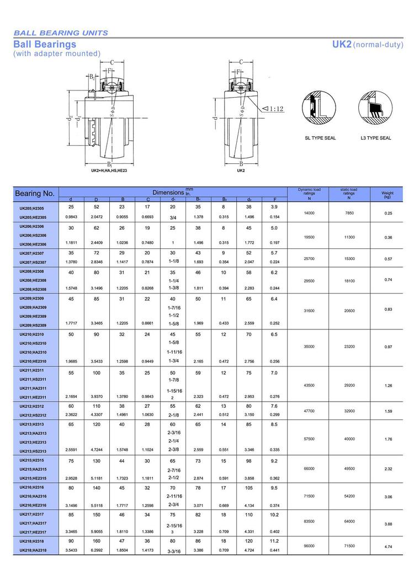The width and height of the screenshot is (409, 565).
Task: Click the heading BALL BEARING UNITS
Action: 61,33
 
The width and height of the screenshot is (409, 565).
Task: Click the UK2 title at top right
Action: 342,44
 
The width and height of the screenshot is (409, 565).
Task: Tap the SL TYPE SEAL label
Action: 320,138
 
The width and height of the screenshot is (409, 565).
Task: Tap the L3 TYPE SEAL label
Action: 376,138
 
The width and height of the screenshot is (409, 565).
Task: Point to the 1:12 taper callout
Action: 272,109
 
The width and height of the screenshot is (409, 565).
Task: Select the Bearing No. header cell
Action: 35,194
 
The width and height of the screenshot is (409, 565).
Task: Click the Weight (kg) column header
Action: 387,194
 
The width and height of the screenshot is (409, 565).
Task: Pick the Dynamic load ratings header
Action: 309,192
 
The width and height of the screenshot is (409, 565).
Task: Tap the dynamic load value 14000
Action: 309,212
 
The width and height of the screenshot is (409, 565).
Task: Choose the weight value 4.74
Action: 387,546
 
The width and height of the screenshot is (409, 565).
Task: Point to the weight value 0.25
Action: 387,213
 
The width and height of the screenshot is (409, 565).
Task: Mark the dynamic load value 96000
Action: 309,546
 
